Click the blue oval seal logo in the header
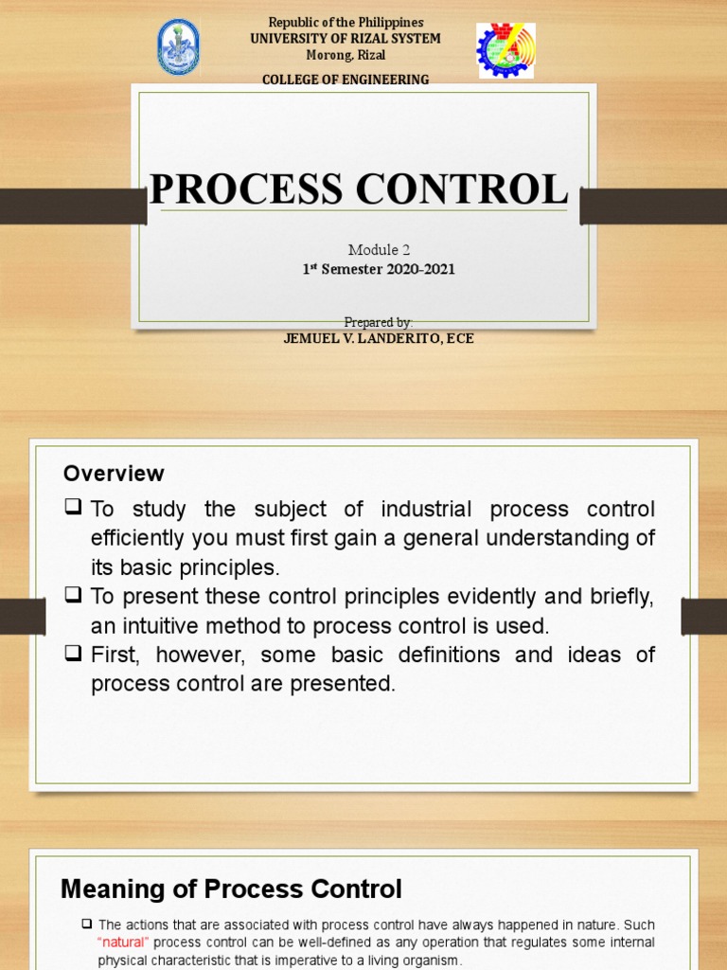(x=178, y=47)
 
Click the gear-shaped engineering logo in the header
(x=505, y=51)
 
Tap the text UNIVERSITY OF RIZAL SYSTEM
(x=346, y=39)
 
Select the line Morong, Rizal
(x=346, y=56)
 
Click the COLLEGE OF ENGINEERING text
(x=346, y=80)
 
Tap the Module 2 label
(x=379, y=250)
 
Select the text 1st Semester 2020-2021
(x=379, y=270)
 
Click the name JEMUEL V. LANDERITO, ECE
(x=379, y=338)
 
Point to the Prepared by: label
(x=379, y=323)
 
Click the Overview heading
(x=114, y=474)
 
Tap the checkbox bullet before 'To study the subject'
(x=73, y=508)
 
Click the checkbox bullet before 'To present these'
(x=73, y=595)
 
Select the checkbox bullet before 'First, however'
(x=73, y=654)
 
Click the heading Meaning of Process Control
(x=231, y=889)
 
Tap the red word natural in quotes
(x=123, y=943)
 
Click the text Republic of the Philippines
(x=346, y=22)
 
